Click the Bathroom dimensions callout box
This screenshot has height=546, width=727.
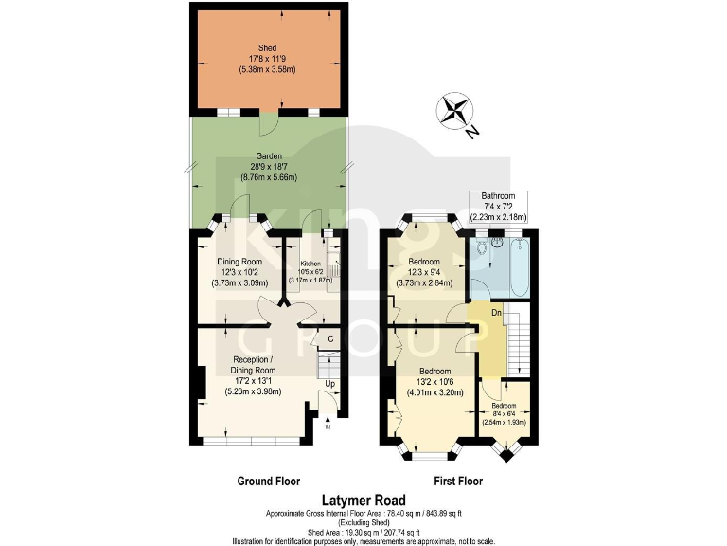(x=499, y=206)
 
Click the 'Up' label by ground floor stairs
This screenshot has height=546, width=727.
(x=330, y=383)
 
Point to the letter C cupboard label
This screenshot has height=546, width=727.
(x=330, y=338)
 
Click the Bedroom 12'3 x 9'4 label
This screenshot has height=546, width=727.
(x=424, y=271)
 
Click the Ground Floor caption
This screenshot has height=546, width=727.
(x=268, y=482)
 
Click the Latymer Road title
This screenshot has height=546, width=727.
(x=363, y=500)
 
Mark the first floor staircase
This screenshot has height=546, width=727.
(x=519, y=341)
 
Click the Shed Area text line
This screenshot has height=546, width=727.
(x=363, y=533)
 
